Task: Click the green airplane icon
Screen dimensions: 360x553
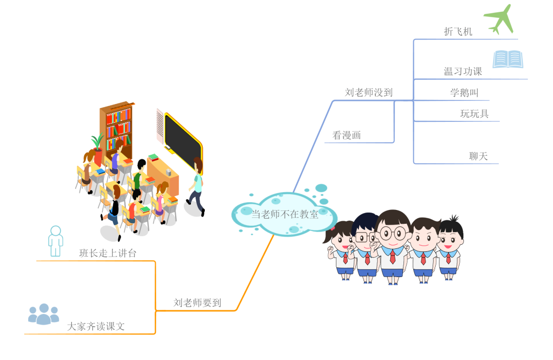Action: click(499, 19)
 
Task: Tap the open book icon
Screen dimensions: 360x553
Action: click(507, 59)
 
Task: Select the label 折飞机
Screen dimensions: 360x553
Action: click(458, 32)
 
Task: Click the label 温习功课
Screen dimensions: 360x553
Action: click(463, 72)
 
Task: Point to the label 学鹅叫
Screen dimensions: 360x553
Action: click(464, 93)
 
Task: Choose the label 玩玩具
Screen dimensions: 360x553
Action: click(474, 114)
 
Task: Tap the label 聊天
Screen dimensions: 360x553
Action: click(478, 156)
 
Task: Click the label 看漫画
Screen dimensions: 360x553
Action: click(347, 136)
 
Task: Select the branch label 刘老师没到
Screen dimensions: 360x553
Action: click(369, 93)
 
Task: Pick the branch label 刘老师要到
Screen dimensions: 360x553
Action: click(197, 303)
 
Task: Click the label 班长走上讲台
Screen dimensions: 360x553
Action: click(108, 253)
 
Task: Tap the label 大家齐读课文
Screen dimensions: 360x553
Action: click(96, 326)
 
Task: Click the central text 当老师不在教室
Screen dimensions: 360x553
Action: click(285, 215)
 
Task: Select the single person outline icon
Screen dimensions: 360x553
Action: click(55, 241)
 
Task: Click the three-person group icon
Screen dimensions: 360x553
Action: click(44, 314)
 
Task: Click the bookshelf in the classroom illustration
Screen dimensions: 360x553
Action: click(117, 128)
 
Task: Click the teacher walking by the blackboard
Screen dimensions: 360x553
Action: click(197, 187)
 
